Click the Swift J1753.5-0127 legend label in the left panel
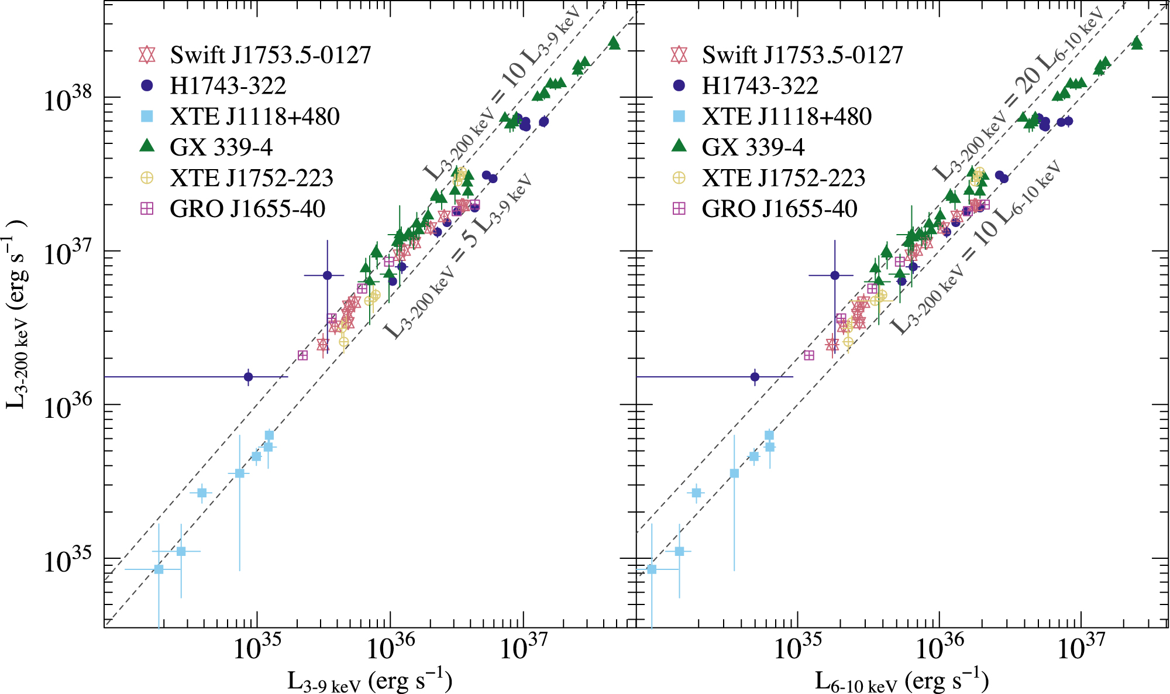click(270, 55)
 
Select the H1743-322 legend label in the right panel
click(760, 86)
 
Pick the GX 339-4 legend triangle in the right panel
click(679, 146)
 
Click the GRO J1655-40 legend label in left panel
click(247, 209)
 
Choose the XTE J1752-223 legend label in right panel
click(783, 178)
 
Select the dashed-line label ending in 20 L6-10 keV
click(1017, 94)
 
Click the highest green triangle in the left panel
click(614, 43)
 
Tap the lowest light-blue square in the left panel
click(159, 569)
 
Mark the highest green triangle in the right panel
click(1137, 43)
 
